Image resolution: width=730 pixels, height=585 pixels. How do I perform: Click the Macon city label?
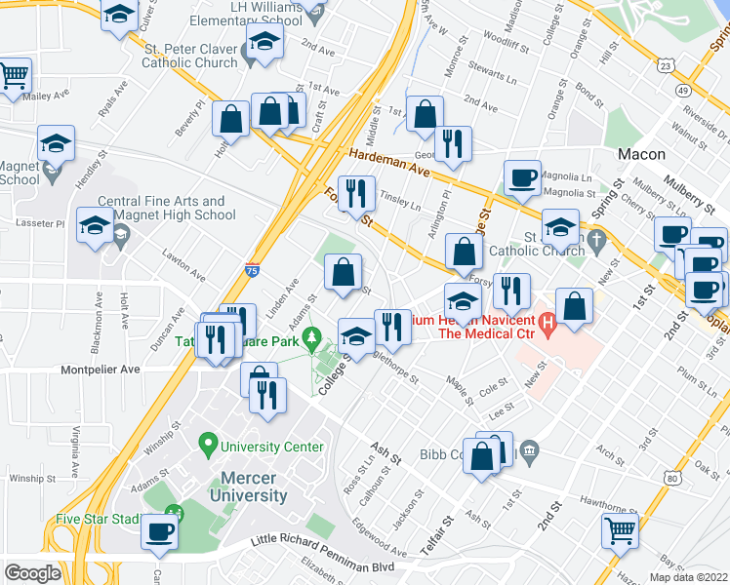(641, 154)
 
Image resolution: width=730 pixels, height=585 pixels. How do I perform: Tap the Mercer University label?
(248, 487)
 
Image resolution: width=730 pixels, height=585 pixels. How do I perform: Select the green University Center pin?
(207, 447)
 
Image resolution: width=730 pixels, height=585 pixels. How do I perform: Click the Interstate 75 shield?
(252, 273)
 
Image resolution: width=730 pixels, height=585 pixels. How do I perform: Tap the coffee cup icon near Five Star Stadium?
(160, 530)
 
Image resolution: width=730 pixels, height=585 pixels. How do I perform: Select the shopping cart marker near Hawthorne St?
(620, 530)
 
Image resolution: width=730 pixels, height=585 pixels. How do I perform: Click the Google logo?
(32, 573)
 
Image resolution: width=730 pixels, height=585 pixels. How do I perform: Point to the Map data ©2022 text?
(687, 577)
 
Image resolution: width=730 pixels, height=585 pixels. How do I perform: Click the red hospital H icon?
(547, 320)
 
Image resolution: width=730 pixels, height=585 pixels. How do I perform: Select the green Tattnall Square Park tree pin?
(312, 339)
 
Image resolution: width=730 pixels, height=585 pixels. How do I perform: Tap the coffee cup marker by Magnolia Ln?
(523, 177)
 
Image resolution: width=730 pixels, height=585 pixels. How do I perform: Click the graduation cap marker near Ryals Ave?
(57, 143)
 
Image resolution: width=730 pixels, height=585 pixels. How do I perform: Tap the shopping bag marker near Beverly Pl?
(231, 119)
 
